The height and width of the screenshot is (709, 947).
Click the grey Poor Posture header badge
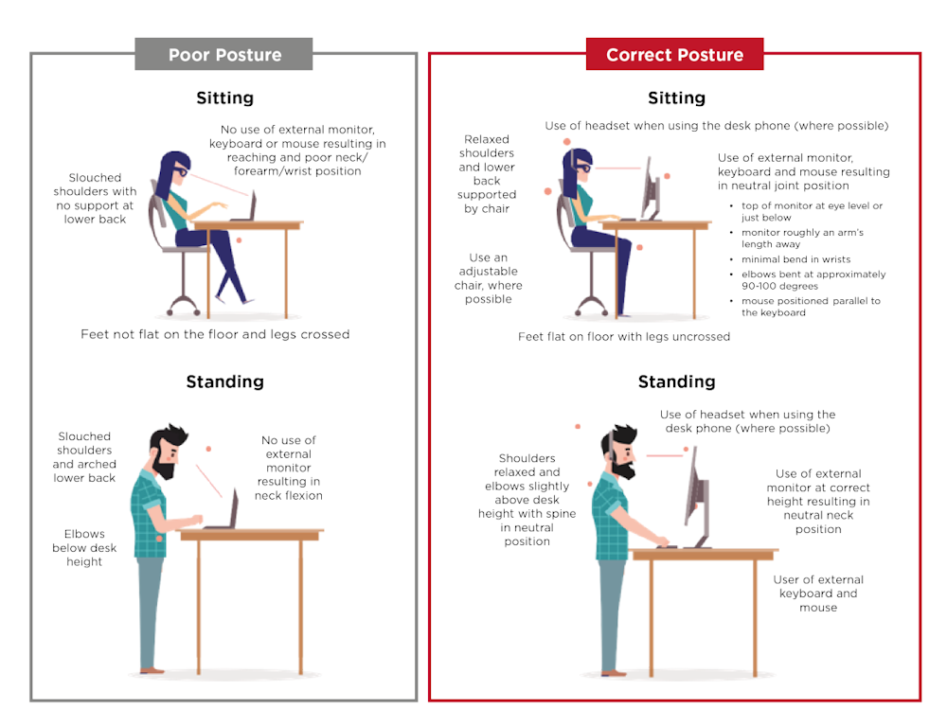224,55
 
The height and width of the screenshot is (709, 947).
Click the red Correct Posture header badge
674,55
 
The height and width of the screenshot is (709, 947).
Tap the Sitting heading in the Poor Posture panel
224,97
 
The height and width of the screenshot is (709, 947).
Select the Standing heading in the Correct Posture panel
676,381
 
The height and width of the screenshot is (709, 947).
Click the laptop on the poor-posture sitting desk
245,208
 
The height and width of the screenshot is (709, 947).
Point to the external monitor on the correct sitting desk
651,189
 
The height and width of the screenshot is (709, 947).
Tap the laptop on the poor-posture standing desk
227,511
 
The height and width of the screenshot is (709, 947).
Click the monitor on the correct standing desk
696,492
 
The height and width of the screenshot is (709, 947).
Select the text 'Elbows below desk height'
84,547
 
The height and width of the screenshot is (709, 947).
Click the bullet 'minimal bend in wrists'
795,259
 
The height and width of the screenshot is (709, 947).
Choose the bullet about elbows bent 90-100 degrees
813,280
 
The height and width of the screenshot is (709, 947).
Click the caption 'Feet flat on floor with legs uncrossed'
624,336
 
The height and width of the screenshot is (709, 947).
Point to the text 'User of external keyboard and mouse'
818,594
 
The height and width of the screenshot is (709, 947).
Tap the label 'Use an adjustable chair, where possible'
488,278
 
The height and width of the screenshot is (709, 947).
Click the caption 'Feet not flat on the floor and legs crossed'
215,334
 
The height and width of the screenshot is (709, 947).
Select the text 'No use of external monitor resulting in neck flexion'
289,468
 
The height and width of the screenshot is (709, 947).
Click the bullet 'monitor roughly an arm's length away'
801,238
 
